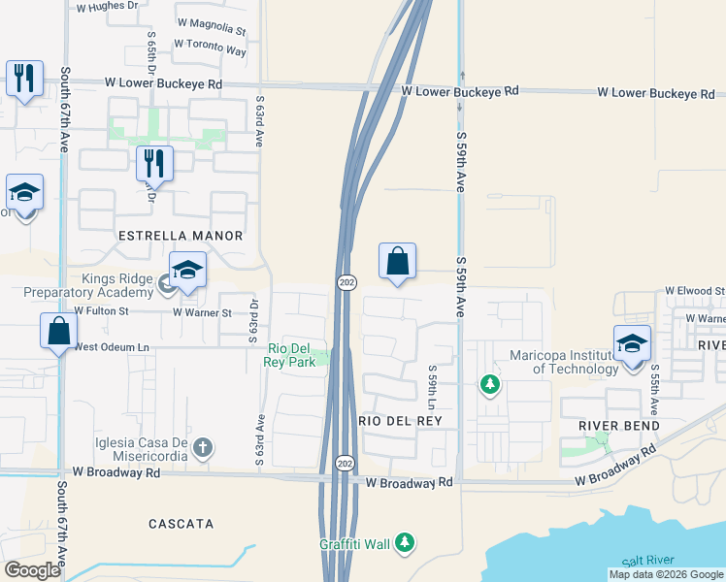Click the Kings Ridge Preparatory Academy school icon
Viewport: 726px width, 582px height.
click(187, 269)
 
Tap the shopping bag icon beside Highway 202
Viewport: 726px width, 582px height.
click(397, 260)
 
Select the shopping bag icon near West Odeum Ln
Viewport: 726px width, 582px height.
click(59, 330)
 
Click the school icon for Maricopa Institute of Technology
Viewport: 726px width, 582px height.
click(632, 342)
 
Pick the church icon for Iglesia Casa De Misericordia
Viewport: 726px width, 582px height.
click(202, 447)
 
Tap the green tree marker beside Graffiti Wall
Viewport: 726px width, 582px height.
click(409, 543)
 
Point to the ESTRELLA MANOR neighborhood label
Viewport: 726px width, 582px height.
click(180, 236)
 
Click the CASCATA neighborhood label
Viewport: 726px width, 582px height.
click(181, 524)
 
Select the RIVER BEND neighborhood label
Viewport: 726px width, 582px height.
click(619, 426)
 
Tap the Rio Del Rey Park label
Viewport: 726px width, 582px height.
click(290, 355)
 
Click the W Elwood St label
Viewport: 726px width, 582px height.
click(694, 291)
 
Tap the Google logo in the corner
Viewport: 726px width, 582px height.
click(33, 570)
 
